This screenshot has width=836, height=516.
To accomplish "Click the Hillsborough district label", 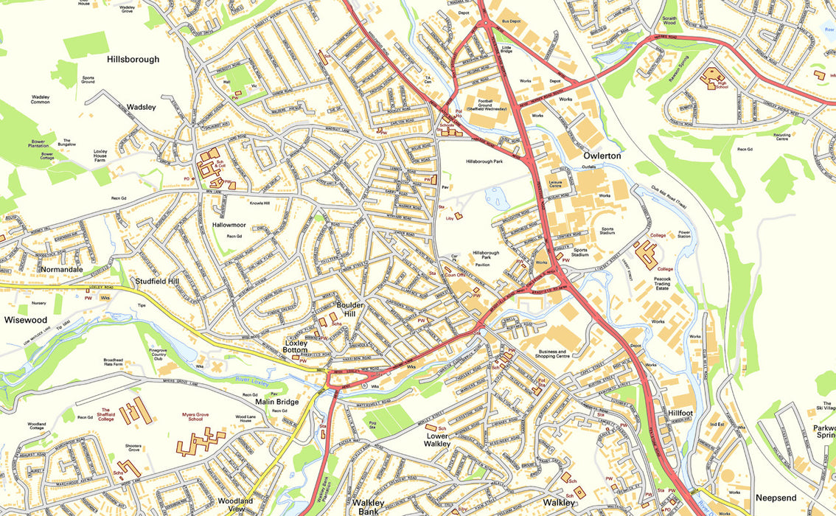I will pos(133,60).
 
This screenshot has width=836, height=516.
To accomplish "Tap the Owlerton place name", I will pos(602,156).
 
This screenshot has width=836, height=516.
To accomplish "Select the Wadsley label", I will pos(142,107).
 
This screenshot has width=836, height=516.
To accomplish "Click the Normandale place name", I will pos(62,270).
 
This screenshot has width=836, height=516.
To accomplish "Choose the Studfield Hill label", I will pos(156,282).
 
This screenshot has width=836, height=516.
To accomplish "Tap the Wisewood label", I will pos(26,320).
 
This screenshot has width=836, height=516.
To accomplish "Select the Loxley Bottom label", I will pos(300,347).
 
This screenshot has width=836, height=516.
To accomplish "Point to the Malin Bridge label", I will pos(277,402).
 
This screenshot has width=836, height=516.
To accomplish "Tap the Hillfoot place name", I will pos(680,414).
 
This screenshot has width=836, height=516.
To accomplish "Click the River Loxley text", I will pos(274,383).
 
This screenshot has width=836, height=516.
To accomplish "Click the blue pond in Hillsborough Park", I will pos(495,196).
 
